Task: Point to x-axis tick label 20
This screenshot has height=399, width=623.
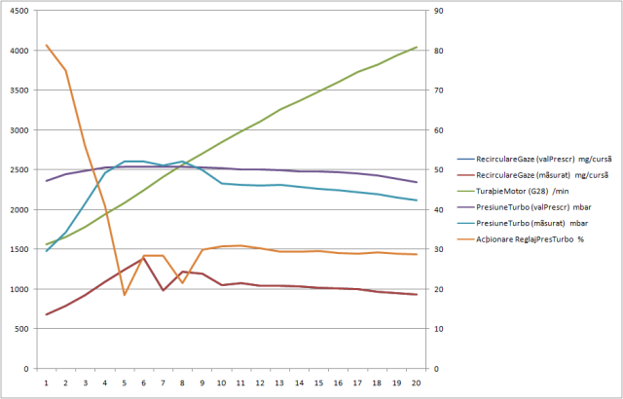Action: click(417, 383)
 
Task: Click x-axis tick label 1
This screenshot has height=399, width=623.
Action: click(47, 383)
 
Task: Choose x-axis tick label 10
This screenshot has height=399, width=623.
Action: click(222, 383)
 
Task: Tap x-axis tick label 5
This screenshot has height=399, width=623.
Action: click(125, 383)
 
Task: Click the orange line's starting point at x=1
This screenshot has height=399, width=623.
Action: click(47, 46)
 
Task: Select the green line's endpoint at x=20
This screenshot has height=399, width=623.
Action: click(417, 47)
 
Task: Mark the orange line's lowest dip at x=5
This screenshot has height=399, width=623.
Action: click(125, 295)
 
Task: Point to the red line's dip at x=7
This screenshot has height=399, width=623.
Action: click(164, 290)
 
